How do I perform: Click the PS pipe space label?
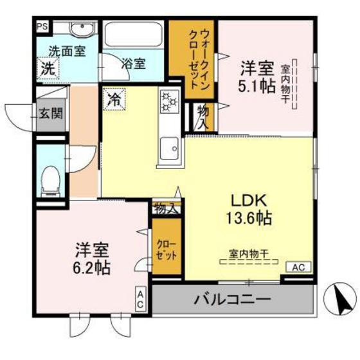tap(42, 26)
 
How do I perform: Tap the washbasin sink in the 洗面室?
tap(82, 29)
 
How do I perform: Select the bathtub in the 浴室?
tap(134, 35)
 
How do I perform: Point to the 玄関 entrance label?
tap(51, 113)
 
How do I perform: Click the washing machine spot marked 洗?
tap(48, 69)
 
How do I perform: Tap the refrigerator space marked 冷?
tap(114, 100)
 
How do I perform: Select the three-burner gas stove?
tap(170, 102)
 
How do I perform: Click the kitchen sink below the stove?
tap(170, 148)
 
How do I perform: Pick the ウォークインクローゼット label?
tap(199, 60)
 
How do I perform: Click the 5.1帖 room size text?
tap(256, 86)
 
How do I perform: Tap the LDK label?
tap(249, 201)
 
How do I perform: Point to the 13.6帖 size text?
tap(249, 218)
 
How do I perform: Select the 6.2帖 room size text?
tap(91, 267)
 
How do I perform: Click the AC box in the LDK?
tap(298, 267)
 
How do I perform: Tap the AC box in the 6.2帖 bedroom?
tap(141, 299)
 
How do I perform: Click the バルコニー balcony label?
tap(233, 299)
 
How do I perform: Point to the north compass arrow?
tap(341, 299)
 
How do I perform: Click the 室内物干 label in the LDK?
tap(249, 254)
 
